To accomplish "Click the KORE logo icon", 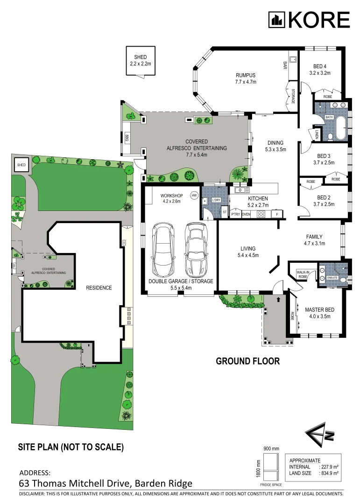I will pyautogui.click(x=276, y=20).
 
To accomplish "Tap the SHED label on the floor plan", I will pyautogui.click(x=140, y=57).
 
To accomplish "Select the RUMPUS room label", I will pyautogui.click(x=245, y=75).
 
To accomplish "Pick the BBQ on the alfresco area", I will pyautogui.click(x=127, y=138).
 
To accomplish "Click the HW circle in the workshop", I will pyautogui.click(x=194, y=195).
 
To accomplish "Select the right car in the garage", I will pyautogui.click(x=195, y=250).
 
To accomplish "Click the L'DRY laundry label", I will pyautogui.click(x=216, y=200).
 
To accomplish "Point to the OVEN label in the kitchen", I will pyautogui.click(x=247, y=214).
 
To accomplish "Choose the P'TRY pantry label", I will pyautogui.click(x=235, y=214).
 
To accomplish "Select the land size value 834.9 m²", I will pyautogui.click(x=328, y=473).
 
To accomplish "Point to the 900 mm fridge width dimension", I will pyautogui.click(x=270, y=448).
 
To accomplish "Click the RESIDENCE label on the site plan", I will pyautogui.click(x=99, y=288).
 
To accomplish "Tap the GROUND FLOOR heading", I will pyautogui.click(x=247, y=361).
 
